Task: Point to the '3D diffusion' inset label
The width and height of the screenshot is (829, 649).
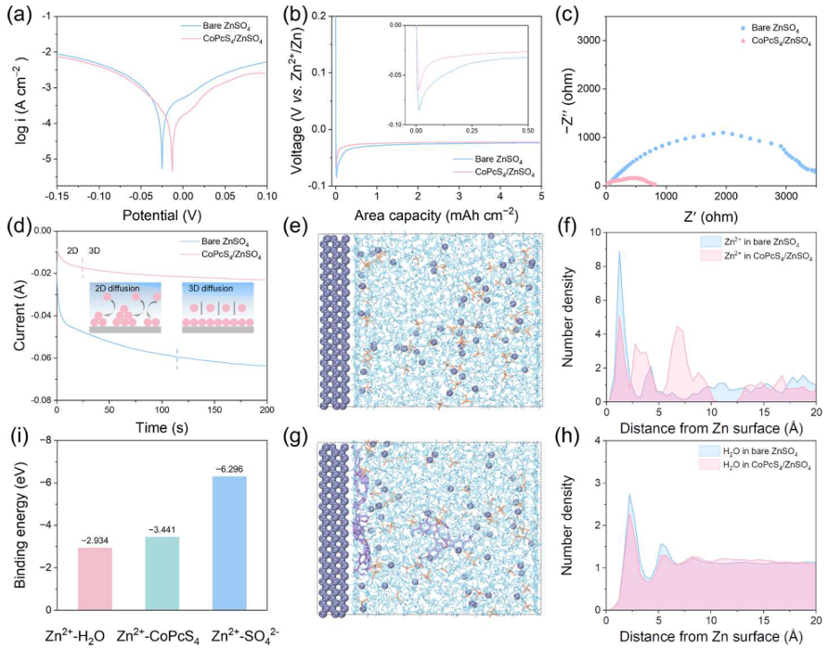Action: point(212,288)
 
